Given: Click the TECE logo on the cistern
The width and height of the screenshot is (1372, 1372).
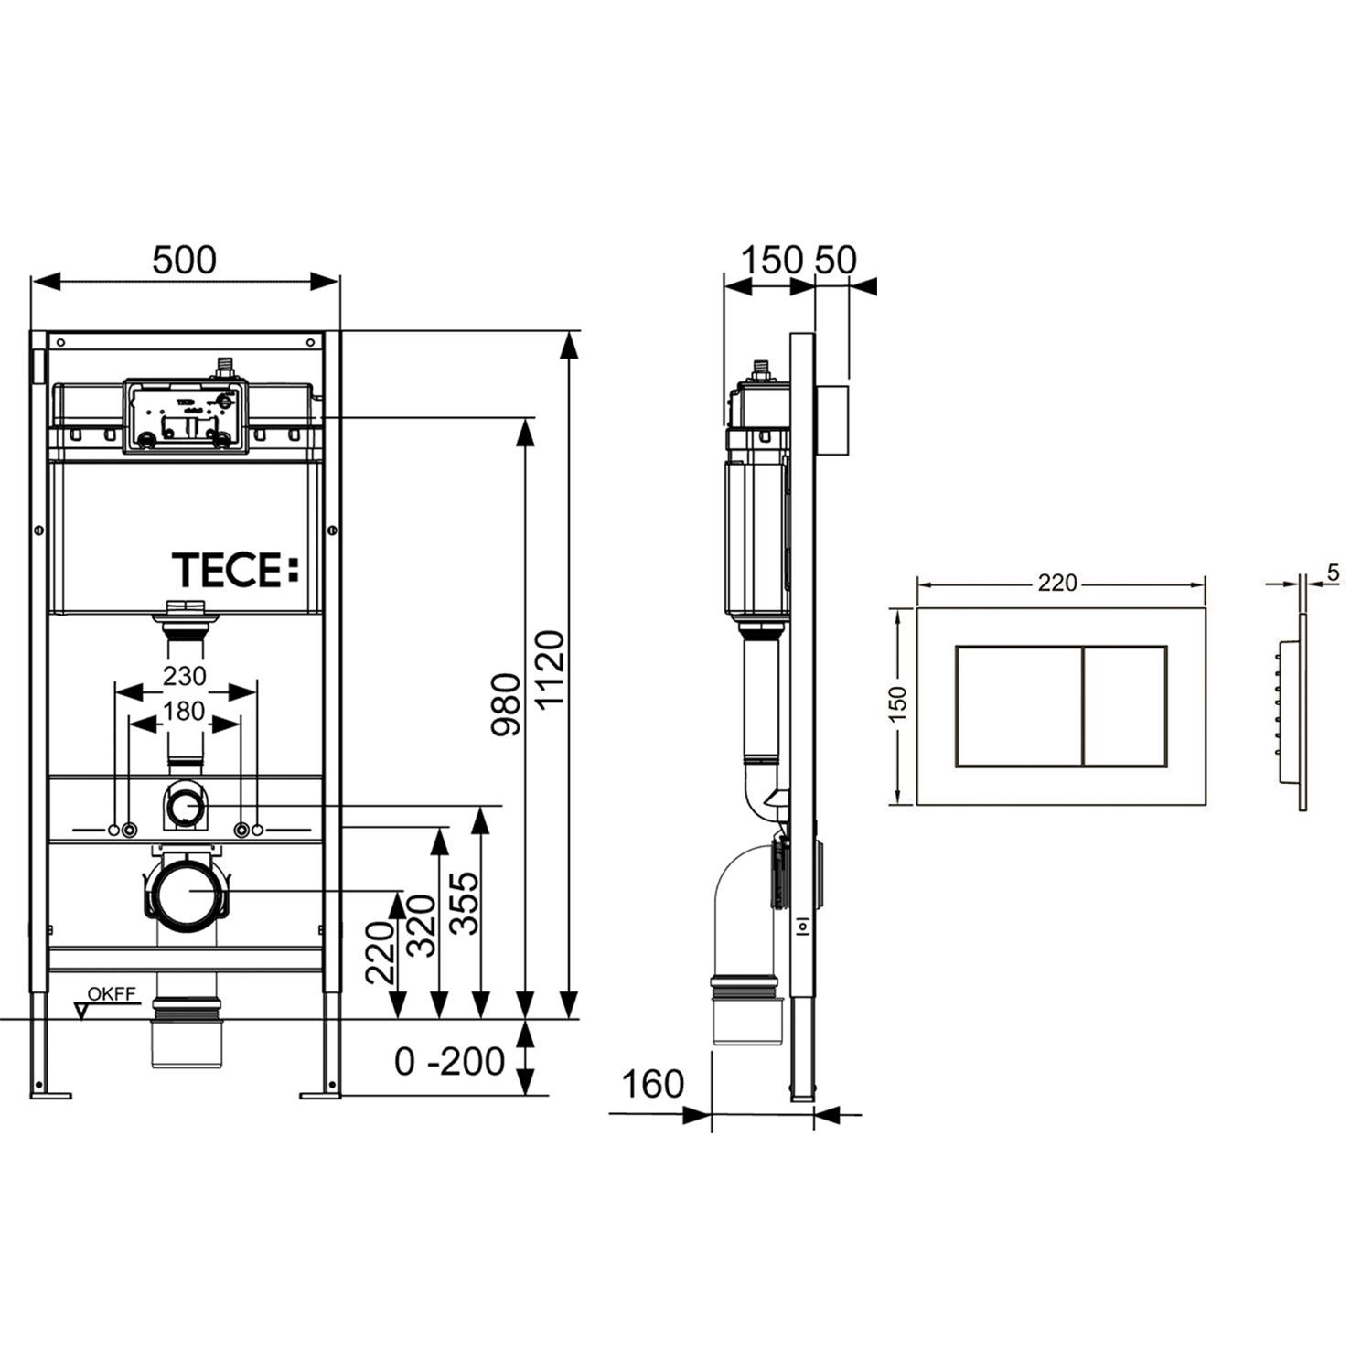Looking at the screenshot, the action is pyautogui.click(x=236, y=570).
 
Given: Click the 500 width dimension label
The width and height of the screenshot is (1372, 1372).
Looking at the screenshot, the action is pyautogui.click(x=185, y=260).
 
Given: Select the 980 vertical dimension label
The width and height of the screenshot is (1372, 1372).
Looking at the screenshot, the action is pyautogui.click(x=506, y=704).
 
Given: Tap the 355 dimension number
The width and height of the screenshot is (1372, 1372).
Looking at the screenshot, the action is pyautogui.click(x=465, y=902).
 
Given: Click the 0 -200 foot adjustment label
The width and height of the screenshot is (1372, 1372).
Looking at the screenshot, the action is pyautogui.click(x=449, y=1061).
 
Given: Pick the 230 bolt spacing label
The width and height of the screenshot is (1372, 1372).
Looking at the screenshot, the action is pyautogui.click(x=185, y=676).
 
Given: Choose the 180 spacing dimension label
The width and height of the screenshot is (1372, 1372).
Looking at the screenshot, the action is pyautogui.click(x=185, y=711).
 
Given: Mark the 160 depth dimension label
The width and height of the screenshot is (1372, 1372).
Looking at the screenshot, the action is pyautogui.click(x=652, y=1084).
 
